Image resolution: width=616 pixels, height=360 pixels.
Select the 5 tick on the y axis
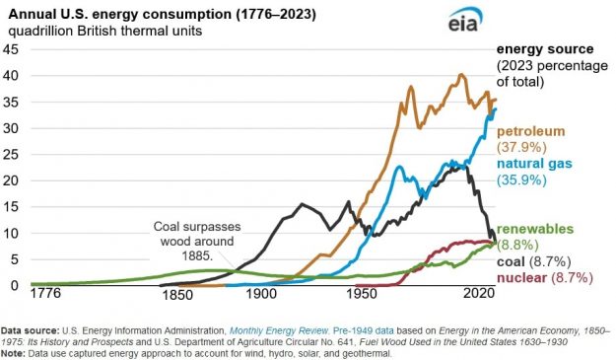[x=13, y=259]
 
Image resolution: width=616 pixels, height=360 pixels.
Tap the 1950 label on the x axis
[x=365, y=295]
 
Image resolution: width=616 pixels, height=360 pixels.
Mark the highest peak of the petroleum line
[x=460, y=75]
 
